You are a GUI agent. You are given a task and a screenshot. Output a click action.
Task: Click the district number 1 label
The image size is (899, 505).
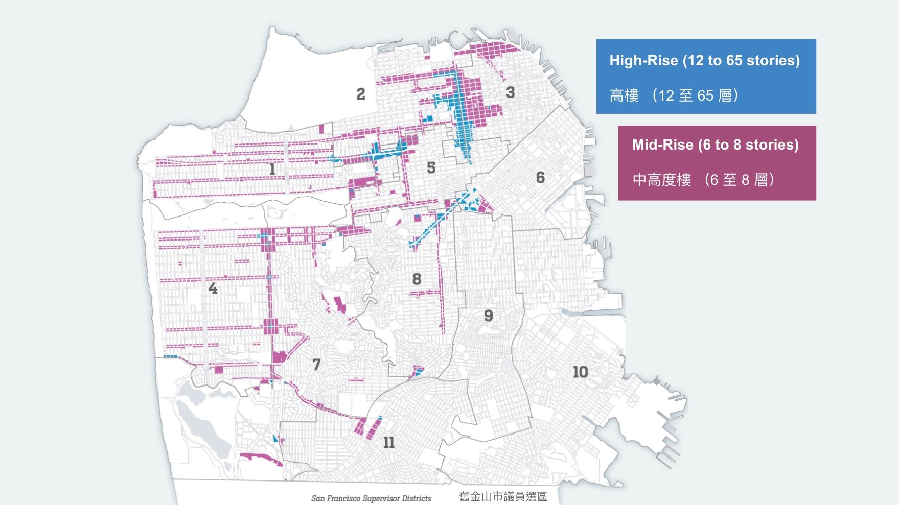(x=272, y=169)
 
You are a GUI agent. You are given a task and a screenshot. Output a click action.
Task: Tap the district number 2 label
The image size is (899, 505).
(x=361, y=94)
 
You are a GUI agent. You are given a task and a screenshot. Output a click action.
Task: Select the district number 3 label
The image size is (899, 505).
(x=510, y=92)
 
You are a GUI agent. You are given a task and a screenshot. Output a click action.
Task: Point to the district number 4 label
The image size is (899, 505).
(x=213, y=289)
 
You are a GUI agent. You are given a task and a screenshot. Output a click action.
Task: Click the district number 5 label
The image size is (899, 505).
(x=431, y=167)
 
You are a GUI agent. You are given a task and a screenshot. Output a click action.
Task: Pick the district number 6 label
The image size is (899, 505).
(x=540, y=178)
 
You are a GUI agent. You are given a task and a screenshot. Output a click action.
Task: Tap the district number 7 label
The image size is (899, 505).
(x=316, y=365)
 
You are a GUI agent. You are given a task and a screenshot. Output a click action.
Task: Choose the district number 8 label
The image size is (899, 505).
(x=417, y=279)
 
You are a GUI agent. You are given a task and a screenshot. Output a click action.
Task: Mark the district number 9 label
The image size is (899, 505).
(x=488, y=316)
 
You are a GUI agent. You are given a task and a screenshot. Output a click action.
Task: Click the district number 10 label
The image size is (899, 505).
(x=580, y=372)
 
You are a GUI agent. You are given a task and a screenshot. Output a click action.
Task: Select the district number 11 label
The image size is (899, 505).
(x=388, y=443)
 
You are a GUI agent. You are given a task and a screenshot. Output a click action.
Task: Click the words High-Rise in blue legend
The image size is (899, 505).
(x=643, y=61)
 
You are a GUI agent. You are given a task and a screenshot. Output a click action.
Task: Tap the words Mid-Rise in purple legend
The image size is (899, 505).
(x=663, y=145)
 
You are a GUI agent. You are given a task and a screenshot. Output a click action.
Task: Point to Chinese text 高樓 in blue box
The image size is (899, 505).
(x=624, y=96)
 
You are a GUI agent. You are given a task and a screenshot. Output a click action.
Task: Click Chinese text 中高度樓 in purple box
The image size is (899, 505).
(x=661, y=180)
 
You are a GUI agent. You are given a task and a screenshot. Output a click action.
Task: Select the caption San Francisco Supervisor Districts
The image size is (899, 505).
(x=372, y=498)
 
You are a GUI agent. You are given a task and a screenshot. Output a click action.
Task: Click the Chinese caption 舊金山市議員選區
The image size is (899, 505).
(x=503, y=497)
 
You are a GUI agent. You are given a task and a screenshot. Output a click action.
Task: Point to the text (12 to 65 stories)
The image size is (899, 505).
(x=741, y=61)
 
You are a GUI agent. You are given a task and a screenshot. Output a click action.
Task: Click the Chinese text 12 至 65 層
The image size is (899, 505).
(x=695, y=96)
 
